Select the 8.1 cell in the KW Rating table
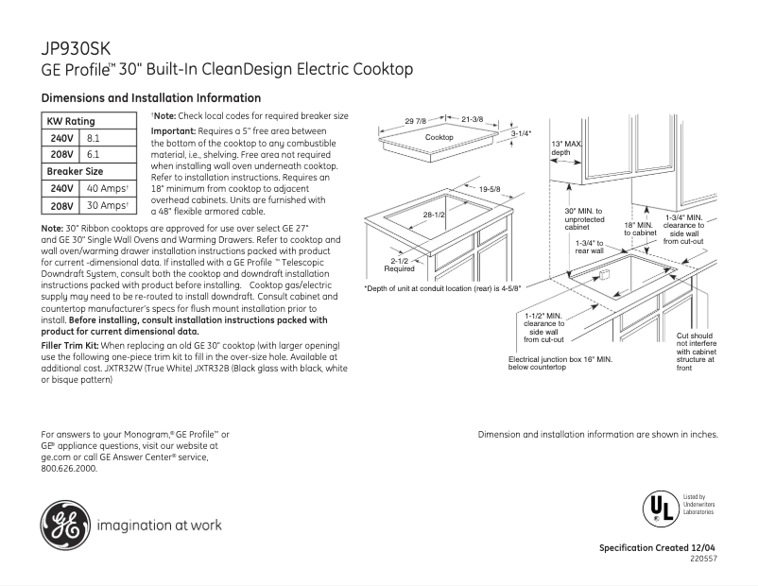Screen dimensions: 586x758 [94, 138]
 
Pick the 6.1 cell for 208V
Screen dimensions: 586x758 [94, 154]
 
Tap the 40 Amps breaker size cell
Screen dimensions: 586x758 [107, 189]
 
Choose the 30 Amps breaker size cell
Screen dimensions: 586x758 [107, 205]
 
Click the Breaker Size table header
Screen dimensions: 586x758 [76, 171]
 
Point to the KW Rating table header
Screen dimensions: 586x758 [71, 122]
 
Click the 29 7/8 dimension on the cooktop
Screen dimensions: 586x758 [416, 121]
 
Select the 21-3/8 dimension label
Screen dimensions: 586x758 [473, 119]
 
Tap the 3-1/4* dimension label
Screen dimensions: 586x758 [521, 134]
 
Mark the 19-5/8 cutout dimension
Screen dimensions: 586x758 [489, 190]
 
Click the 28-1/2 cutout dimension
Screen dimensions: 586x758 [435, 215]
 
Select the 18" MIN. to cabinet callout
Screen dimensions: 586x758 [639, 229]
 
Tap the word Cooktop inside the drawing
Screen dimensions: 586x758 [439, 138]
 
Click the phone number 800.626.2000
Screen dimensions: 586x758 [70, 467]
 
